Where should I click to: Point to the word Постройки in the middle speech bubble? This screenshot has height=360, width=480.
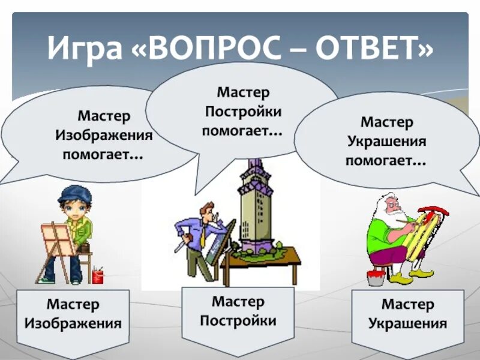click(x=243, y=112)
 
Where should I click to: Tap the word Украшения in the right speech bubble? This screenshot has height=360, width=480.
click(x=387, y=142)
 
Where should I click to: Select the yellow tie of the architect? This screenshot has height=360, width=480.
click(x=203, y=238)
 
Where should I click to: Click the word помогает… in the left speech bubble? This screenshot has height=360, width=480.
click(x=103, y=155)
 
